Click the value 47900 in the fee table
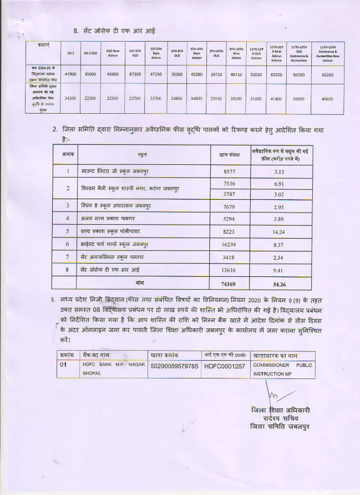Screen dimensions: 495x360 coord(71,73)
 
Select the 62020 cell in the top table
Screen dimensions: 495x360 coord(277,73)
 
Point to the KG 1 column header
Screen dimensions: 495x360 coord(70,53)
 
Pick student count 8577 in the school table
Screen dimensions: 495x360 coord(229,172)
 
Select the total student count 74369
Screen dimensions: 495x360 coord(229,284)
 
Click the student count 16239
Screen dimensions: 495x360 coord(229,244)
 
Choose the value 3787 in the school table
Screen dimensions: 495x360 coord(229,194)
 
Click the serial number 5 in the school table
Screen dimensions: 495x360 coord(68,231)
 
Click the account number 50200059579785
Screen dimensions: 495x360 coord(174,366)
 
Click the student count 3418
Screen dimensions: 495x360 coord(229,257)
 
